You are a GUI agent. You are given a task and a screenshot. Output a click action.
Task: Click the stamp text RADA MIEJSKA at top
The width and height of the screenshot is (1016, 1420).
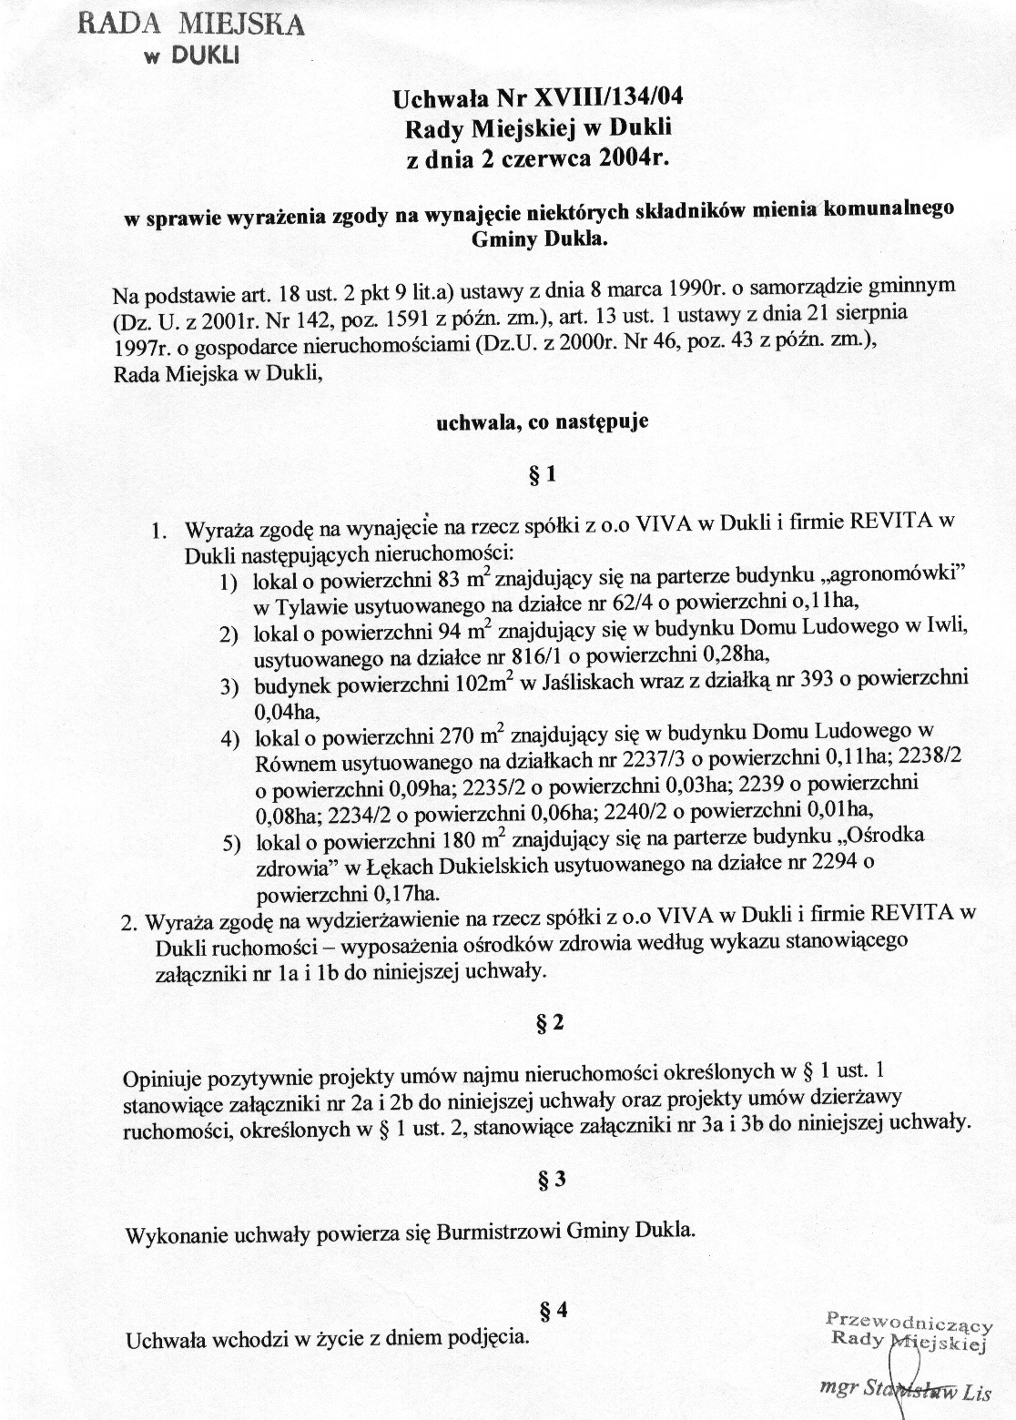190,24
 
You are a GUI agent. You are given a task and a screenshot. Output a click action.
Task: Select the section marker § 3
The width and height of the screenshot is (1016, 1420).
552,1180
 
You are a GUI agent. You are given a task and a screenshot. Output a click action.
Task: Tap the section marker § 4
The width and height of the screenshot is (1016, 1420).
554,1312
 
